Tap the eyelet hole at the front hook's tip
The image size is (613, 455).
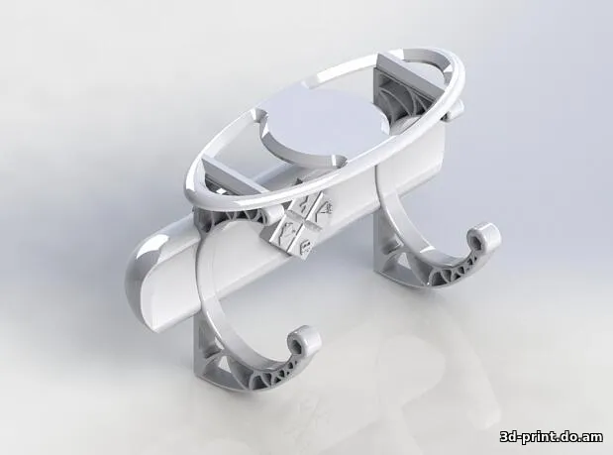301,341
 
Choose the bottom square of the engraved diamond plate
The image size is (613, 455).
298,241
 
